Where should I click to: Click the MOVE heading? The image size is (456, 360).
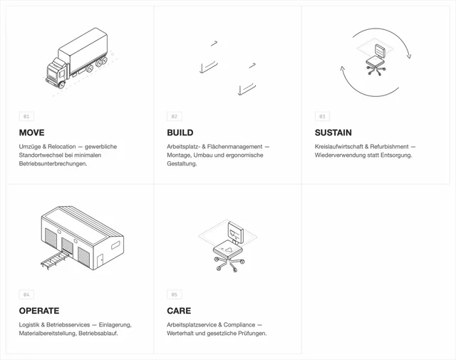click(x=31, y=133)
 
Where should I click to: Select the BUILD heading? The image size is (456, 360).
click(x=180, y=133)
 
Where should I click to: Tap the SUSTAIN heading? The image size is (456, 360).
click(x=333, y=133)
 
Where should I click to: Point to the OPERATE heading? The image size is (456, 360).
click(x=39, y=311)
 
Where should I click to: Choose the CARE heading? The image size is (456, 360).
click(x=179, y=311)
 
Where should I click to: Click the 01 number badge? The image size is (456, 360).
click(x=26, y=116)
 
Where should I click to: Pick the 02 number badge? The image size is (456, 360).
click(x=175, y=116)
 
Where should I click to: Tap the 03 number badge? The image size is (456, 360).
click(x=322, y=116)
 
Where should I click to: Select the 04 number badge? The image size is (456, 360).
click(x=26, y=294)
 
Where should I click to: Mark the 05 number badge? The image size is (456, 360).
click(x=175, y=294)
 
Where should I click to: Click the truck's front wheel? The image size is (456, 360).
click(x=61, y=85)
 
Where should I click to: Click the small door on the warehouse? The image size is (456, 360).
click(x=100, y=261)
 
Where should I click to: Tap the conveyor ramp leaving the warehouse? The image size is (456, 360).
click(x=56, y=259)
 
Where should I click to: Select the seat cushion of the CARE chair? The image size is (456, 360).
click(x=228, y=249)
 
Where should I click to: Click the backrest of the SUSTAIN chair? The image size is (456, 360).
click(x=380, y=51)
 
